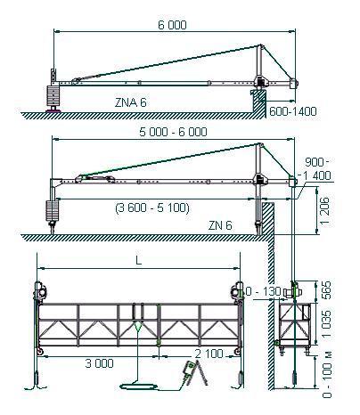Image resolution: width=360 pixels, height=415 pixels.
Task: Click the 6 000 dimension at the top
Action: (172, 25)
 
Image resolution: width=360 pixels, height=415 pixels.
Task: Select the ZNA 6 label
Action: (131, 102)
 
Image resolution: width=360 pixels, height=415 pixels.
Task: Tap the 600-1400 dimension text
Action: (293, 111)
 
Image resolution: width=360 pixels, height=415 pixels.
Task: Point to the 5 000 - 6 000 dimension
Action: (173, 132)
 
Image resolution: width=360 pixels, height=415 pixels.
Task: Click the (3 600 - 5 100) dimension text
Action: (152, 207)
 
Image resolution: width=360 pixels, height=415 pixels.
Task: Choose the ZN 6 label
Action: (220, 225)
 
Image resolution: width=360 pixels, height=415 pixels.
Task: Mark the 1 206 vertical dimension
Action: (325, 210)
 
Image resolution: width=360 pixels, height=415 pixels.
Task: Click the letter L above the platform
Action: (138, 260)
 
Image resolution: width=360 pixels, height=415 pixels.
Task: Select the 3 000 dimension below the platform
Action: (99, 363)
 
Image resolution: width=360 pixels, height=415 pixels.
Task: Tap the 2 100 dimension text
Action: (209, 354)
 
